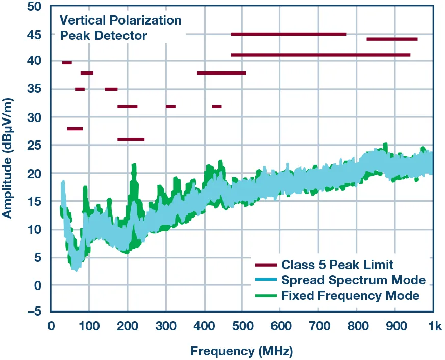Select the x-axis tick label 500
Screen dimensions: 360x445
click(242, 326)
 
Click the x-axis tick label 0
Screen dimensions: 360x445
click(51, 326)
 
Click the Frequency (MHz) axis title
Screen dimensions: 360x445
click(242, 351)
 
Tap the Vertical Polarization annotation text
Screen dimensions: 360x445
click(120, 20)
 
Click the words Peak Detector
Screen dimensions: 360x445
click(104, 36)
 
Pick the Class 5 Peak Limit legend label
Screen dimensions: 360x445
click(337, 265)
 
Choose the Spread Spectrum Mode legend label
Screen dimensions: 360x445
click(353, 280)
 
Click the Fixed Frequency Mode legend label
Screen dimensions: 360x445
click(351, 295)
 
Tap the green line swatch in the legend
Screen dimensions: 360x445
click(265, 296)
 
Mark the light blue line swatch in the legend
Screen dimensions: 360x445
click(265, 280)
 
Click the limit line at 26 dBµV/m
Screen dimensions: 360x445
click(131, 139)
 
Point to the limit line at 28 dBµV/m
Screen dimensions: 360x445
click(75, 129)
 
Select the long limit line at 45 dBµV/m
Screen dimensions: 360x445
click(288, 34)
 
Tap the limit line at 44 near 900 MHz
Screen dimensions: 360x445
click(392, 39)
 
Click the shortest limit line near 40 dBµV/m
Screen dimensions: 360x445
click(67, 63)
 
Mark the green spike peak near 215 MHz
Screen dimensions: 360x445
click(134, 165)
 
